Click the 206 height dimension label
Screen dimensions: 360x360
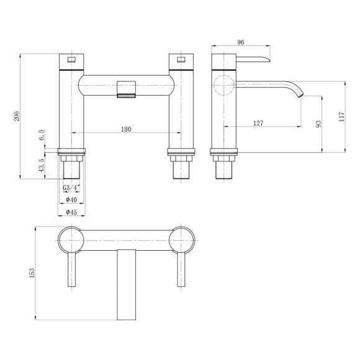coord(17,116)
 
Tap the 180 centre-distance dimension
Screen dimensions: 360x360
coord(126,129)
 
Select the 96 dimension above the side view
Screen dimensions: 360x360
coord(240,42)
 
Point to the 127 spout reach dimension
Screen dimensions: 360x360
coord(258,123)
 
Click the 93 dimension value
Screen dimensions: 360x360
coord(318,124)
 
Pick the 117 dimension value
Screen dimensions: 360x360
coord(341,117)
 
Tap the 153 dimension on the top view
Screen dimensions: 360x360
coord(32,272)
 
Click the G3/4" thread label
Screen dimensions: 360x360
coord(71,187)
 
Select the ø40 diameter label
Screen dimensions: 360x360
coord(71,200)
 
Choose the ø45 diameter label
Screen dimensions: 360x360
coord(71,212)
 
